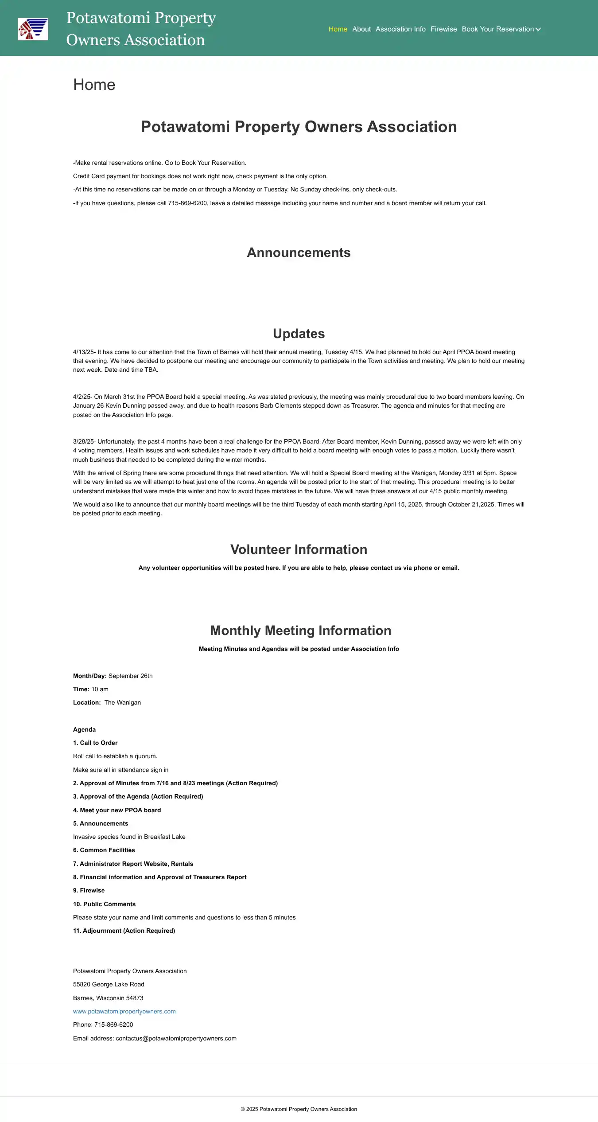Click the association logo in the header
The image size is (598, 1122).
[33, 29]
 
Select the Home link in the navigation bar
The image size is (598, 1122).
[338, 29]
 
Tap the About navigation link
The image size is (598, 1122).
[361, 29]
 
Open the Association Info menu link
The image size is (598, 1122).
[400, 29]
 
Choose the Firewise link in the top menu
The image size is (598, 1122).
[443, 29]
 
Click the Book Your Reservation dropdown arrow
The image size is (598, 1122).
[538, 29]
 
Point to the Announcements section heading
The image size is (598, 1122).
[299, 253]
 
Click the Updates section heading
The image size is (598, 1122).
[299, 334]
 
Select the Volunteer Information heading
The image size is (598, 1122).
[299, 549]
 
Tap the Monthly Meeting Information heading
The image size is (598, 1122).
[300, 631]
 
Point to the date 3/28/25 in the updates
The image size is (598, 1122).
[83, 442]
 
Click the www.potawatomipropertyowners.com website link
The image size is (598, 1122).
[124, 1012]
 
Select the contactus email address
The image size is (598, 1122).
[176, 1039]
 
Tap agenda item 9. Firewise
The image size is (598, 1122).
[89, 891]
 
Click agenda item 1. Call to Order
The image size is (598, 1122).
[95, 743]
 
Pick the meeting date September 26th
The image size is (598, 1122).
[130, 676]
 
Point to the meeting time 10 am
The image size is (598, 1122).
[100, 690]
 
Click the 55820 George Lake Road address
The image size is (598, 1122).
[109, 985]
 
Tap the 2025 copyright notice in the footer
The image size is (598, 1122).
[299, 1110]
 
